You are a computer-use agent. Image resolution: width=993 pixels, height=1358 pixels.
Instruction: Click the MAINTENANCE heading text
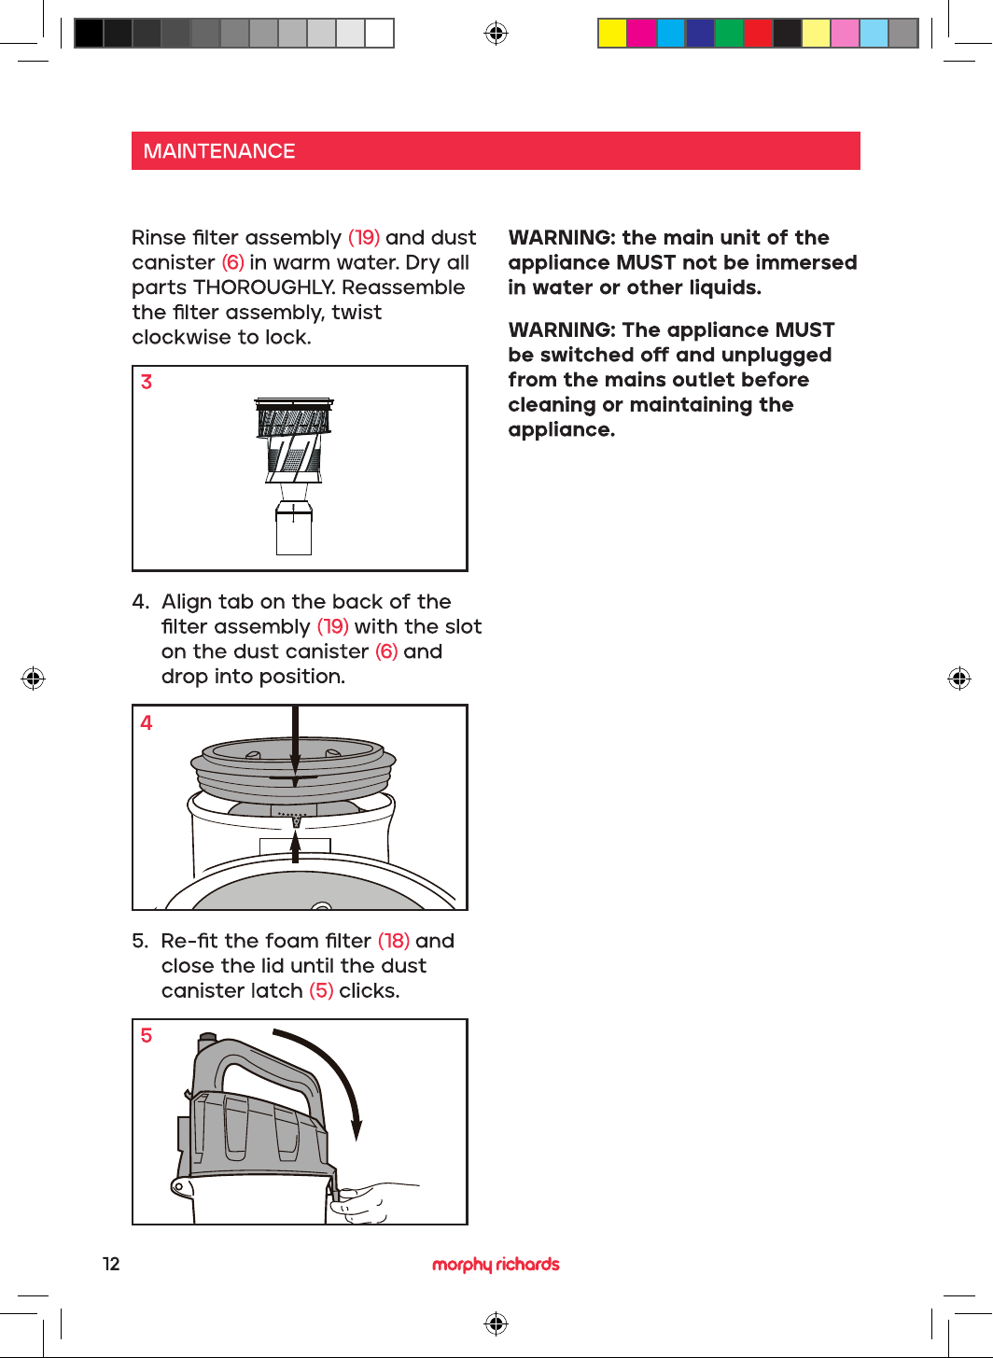coord(218,151)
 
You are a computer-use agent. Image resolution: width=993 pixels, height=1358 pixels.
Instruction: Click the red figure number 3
coord(147,382)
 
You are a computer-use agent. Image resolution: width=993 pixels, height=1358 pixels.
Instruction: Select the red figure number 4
coord(147,722)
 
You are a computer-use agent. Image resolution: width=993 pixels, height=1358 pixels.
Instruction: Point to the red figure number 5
coord(147,1035)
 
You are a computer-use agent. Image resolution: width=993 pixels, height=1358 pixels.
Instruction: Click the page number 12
coord(112,1264)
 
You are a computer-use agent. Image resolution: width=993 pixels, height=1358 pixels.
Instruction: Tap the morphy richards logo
coord(496,1265)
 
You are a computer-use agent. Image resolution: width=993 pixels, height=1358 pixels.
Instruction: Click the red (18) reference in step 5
coord(394,941)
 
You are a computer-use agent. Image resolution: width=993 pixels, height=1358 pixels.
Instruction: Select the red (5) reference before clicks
coord(321,990)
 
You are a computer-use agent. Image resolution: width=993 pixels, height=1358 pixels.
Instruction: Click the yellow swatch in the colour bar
coord(612,33)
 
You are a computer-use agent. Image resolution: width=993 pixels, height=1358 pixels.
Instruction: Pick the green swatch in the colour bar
coord(729,33)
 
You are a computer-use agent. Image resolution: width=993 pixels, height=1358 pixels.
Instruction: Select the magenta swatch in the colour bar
coord(641,33)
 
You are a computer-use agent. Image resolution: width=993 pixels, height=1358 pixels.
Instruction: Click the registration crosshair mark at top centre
coord(496,33)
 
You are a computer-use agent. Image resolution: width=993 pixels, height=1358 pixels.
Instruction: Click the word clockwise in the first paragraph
coord(180,337)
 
